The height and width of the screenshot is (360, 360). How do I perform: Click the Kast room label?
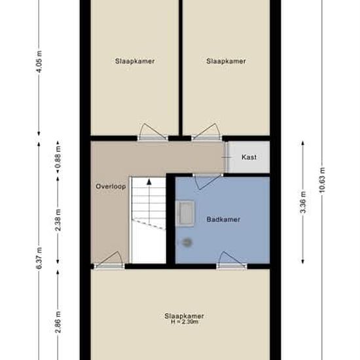click(x=249, y=157)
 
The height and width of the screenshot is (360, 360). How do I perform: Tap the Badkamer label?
click(x=223, y=219)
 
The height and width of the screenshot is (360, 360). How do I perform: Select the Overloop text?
click(x=111, y=186)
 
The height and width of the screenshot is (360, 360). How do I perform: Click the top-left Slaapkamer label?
click(x=135, y=61)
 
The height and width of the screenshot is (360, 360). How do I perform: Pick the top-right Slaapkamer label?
click(x=226, y=61)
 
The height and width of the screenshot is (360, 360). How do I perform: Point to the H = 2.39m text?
click(x=185, y=322)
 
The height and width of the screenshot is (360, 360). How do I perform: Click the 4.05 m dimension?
click(x=39, y=62)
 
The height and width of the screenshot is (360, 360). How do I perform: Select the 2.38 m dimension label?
click(x=58, y=220)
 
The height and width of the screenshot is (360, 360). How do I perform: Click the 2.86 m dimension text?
click(x=58, y=322)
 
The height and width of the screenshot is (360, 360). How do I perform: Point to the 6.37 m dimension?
click(x=39, y=258)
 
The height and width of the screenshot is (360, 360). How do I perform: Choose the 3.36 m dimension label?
click(x=303, y=202)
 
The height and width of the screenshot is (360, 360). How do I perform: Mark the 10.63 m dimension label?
click(x=322, y=180)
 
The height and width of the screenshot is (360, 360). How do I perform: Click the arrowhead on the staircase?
click(x=149, y=182)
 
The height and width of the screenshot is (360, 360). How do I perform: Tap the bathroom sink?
click(x=185, y=213)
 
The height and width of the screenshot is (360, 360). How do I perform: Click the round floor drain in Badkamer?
click(x=187, y=242)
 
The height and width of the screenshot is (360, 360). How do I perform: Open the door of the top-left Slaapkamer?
click(x=153, y=132)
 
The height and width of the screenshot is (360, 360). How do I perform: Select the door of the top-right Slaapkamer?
click(x=207, y=132)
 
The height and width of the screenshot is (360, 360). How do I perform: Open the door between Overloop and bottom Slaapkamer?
click(x=109, y=261)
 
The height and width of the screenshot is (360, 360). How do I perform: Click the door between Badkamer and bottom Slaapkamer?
click(x=232, y=261)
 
